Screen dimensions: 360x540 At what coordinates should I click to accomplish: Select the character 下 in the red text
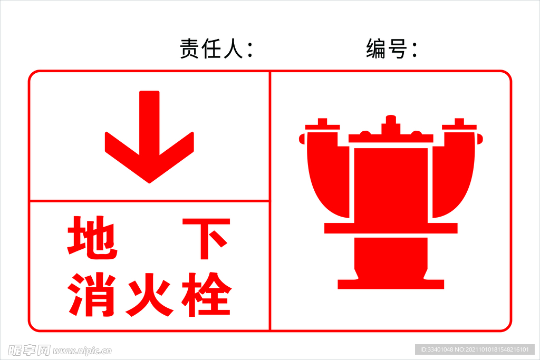tap(207, 239)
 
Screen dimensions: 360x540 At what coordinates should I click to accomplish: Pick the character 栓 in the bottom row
tap(207, 294)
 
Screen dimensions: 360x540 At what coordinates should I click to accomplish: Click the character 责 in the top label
tap(189, 50)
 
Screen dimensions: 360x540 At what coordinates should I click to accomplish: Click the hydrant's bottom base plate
tap(391, 284)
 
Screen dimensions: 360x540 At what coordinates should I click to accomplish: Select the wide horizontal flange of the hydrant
tap(391, 228)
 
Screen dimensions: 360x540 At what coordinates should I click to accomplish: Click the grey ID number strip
tap(475, 349)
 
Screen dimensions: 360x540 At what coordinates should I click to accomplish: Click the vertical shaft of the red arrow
tap(149, 121)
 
